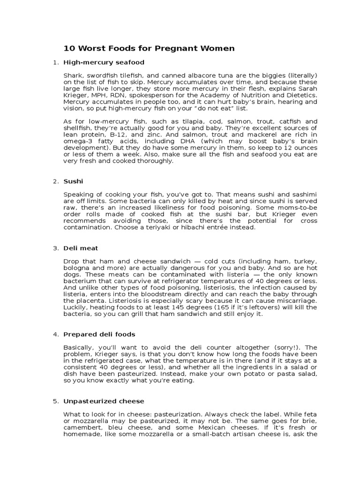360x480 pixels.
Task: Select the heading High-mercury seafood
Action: click(x=104, y=62)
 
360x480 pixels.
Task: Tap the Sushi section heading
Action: click(x=73, y=181)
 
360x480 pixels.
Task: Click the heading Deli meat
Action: click(x=81, y=248)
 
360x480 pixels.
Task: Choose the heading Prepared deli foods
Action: click(x=99, y=334)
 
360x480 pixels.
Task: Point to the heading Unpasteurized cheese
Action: click(x=104, y=401)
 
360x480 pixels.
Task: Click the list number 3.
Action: click(x=55, y=248)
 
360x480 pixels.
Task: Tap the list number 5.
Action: click(x=55, y=401)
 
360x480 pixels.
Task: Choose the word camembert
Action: click(x=82, y=427)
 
